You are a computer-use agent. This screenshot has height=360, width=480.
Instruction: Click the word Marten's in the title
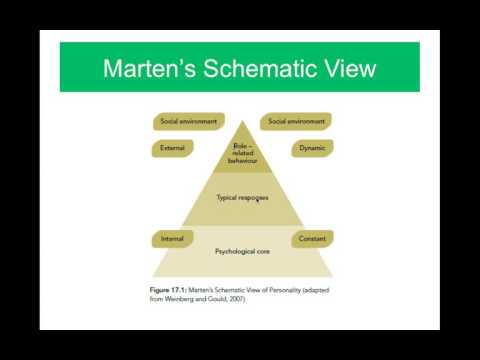[x=149, y=68]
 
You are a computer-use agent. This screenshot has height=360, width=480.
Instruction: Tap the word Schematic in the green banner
[x=259, y=68]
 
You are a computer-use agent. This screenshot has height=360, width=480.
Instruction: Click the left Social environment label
[x=189, y=121]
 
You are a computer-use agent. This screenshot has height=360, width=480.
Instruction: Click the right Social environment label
[x=296, y=121]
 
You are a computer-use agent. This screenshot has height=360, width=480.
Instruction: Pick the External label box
[x=172, y=148]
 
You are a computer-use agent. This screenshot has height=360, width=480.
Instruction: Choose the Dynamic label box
[x=312, y=148]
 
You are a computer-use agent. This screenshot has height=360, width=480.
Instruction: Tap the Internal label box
[x=172, y=239]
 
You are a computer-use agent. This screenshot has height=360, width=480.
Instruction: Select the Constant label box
[x=312, y=239]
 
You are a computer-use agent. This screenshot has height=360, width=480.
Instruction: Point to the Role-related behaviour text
[x=242, y=153]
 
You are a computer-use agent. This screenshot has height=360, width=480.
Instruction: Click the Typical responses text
[x=242, y=198]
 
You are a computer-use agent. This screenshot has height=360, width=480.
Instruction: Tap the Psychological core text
[x=242, y=251]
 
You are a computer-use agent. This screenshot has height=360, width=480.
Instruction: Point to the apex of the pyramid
[x=242, y=121]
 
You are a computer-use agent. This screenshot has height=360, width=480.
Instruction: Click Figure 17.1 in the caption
[x=168, y=290]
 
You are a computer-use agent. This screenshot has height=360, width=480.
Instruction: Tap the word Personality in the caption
[x=285, y=290]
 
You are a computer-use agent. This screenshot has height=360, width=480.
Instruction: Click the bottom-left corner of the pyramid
[x=152, y=277]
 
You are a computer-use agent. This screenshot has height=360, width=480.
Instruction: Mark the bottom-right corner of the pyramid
[x=333, y=277]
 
